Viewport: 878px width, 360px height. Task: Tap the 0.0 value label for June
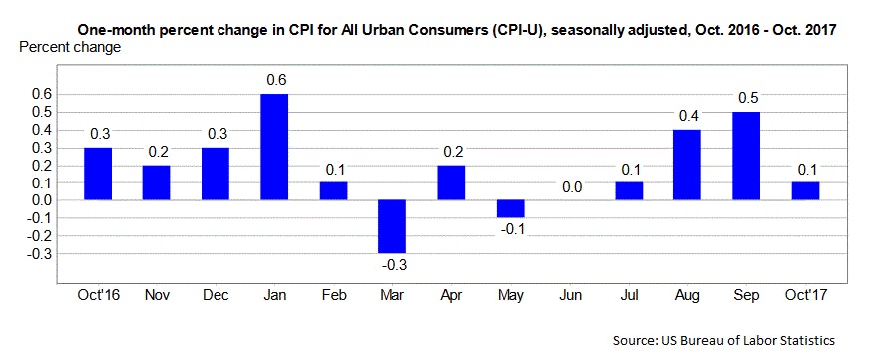[x=572, y=185]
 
